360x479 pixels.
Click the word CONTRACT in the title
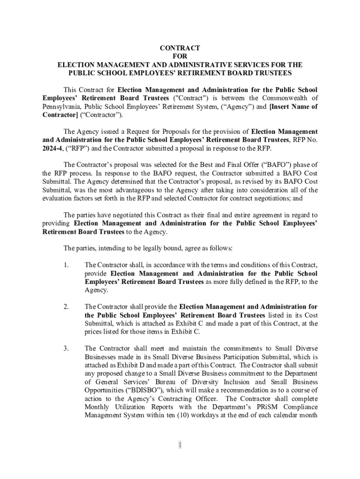(180, 48)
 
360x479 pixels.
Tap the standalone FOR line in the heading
(180, 57)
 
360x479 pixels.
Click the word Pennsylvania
(60, 107)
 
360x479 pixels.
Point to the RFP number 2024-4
(52, 148)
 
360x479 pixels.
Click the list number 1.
(66, 265)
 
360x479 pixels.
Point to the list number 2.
(66, 307)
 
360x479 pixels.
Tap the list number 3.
(66, 348)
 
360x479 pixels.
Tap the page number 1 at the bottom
(180, 445)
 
